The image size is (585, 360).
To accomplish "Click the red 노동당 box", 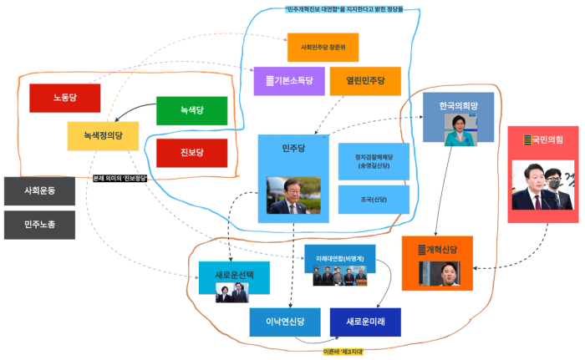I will [x=64, y=98].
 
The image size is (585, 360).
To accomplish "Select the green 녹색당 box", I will [x=191, y=110].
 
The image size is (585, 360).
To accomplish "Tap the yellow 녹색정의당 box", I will [x=103, y=135].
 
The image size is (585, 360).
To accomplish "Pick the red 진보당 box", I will [x=191, y=152].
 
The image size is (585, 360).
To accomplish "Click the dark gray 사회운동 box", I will [x=39, y=191].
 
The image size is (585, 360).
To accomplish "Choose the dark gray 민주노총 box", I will [x=39, y=225].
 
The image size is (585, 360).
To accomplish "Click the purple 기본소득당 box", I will [x=288, y=81].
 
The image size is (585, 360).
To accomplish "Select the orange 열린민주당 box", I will [x=365, y=81].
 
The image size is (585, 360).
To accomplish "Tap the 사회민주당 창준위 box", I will [x=322, y=47].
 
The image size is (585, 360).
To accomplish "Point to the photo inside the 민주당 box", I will [x=292, y=195].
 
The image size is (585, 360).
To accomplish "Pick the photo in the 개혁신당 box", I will [x=438, y=273].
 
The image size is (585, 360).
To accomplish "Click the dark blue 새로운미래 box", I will [x=364, y=322].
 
